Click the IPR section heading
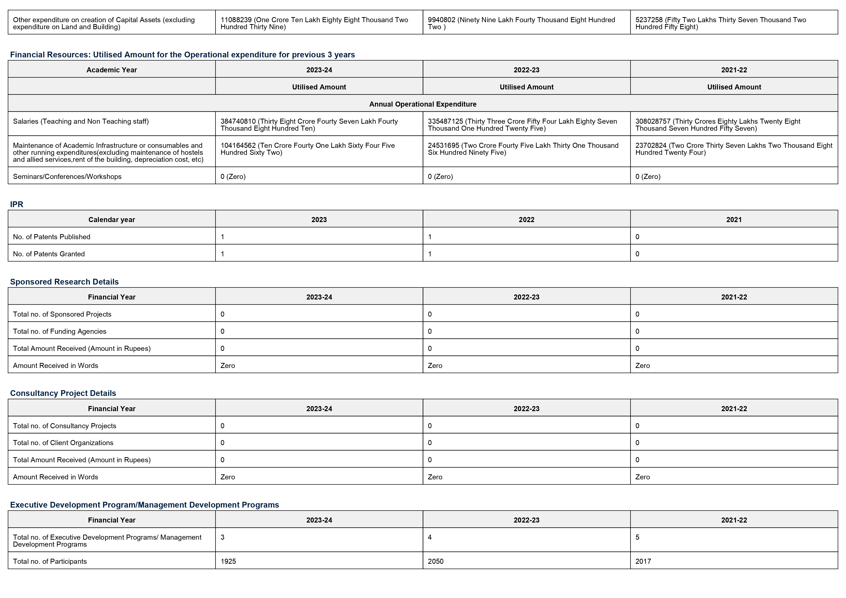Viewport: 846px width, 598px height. click(17, 204)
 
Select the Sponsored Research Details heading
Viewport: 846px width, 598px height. click(64, 282)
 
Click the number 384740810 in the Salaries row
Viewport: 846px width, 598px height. click(238, 121)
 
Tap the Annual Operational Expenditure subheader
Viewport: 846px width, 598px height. click(423, 104)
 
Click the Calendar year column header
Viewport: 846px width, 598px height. click(112, 220)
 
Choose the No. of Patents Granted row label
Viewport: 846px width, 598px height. click(49, 254)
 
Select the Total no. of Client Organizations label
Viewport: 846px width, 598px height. click(63, 442)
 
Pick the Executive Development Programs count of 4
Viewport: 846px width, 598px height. click(430, 537)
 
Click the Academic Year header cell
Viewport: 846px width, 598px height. click(112, 70)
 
